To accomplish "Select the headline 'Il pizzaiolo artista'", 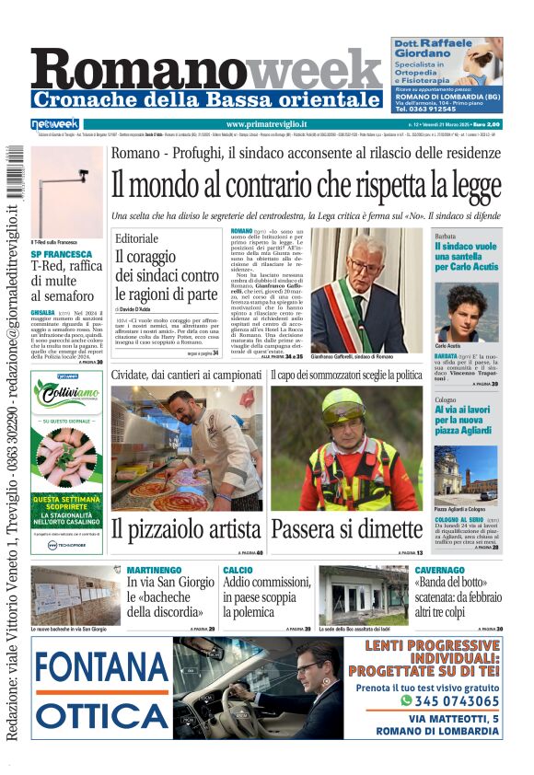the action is point(186,529).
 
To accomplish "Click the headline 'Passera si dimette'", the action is point(347,529).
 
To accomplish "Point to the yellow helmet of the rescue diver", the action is point(342,405).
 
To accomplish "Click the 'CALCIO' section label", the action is point(238,571).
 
